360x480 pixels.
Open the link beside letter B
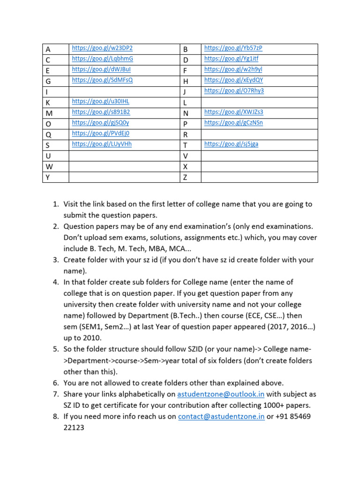pos(233,48)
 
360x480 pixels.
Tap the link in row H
pos(233,80)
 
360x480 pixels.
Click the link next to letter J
pos(234,91)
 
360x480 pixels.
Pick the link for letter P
pos(233,123)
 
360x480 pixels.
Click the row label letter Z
pos(185,178)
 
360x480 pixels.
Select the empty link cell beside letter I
pos(124,91)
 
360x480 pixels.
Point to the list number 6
pos(54,383)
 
